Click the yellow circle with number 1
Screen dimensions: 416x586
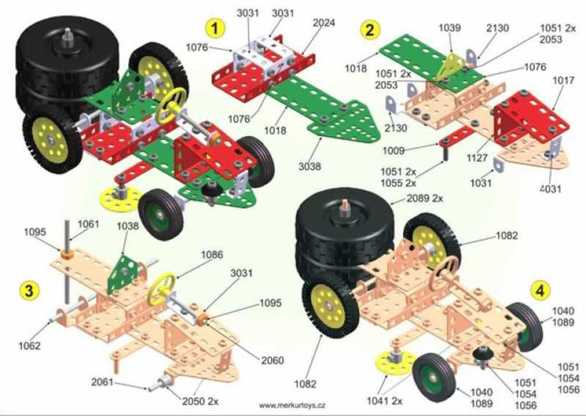(215, 27)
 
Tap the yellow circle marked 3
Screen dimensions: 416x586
(29, 290)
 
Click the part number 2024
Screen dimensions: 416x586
(324, 23)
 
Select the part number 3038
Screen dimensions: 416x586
(310, 167)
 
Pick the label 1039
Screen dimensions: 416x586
(450, 27)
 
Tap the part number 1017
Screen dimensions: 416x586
(563, 81)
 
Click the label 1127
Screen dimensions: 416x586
(477, 157)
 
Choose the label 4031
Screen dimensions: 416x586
(550, 189)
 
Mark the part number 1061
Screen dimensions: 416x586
(88, 224)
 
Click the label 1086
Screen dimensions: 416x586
(212, 255)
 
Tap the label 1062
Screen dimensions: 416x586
(29, 345)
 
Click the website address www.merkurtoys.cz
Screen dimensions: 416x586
(292, 405)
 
